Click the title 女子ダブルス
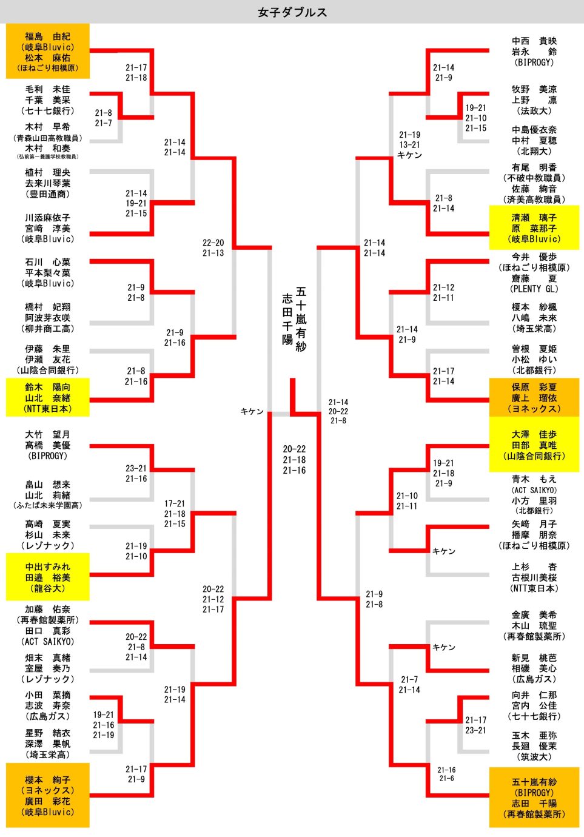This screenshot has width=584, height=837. [292, 12]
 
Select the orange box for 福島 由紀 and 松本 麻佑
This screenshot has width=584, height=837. [48, 52]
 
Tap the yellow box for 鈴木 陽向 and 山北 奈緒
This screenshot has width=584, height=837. [48, 398]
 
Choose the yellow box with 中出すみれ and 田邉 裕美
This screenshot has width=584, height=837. [48, 577]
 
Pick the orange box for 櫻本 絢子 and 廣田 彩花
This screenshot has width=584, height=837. [48, 795]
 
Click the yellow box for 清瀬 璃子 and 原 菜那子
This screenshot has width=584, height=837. [534, 228]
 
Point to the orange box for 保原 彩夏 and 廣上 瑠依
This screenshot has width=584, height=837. [534, 398]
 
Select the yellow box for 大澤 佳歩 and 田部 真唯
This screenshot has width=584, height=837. [534, 445]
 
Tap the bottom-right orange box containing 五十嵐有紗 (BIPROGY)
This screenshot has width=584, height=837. [534, 798]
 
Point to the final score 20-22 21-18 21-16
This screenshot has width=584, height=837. [294, 460]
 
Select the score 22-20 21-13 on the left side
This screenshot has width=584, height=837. [213, 247]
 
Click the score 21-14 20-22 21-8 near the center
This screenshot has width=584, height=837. [338, 411]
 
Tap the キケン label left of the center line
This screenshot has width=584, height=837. [252, 411]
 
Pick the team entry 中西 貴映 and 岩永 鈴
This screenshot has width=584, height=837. [534, 52]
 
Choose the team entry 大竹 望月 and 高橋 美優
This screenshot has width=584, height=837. [48, 445]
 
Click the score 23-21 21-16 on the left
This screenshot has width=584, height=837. [136, 473]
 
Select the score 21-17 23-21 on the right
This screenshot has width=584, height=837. [475, 725]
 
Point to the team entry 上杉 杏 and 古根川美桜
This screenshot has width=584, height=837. [534, 577]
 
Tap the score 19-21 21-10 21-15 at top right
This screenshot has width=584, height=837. [475, 118]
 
